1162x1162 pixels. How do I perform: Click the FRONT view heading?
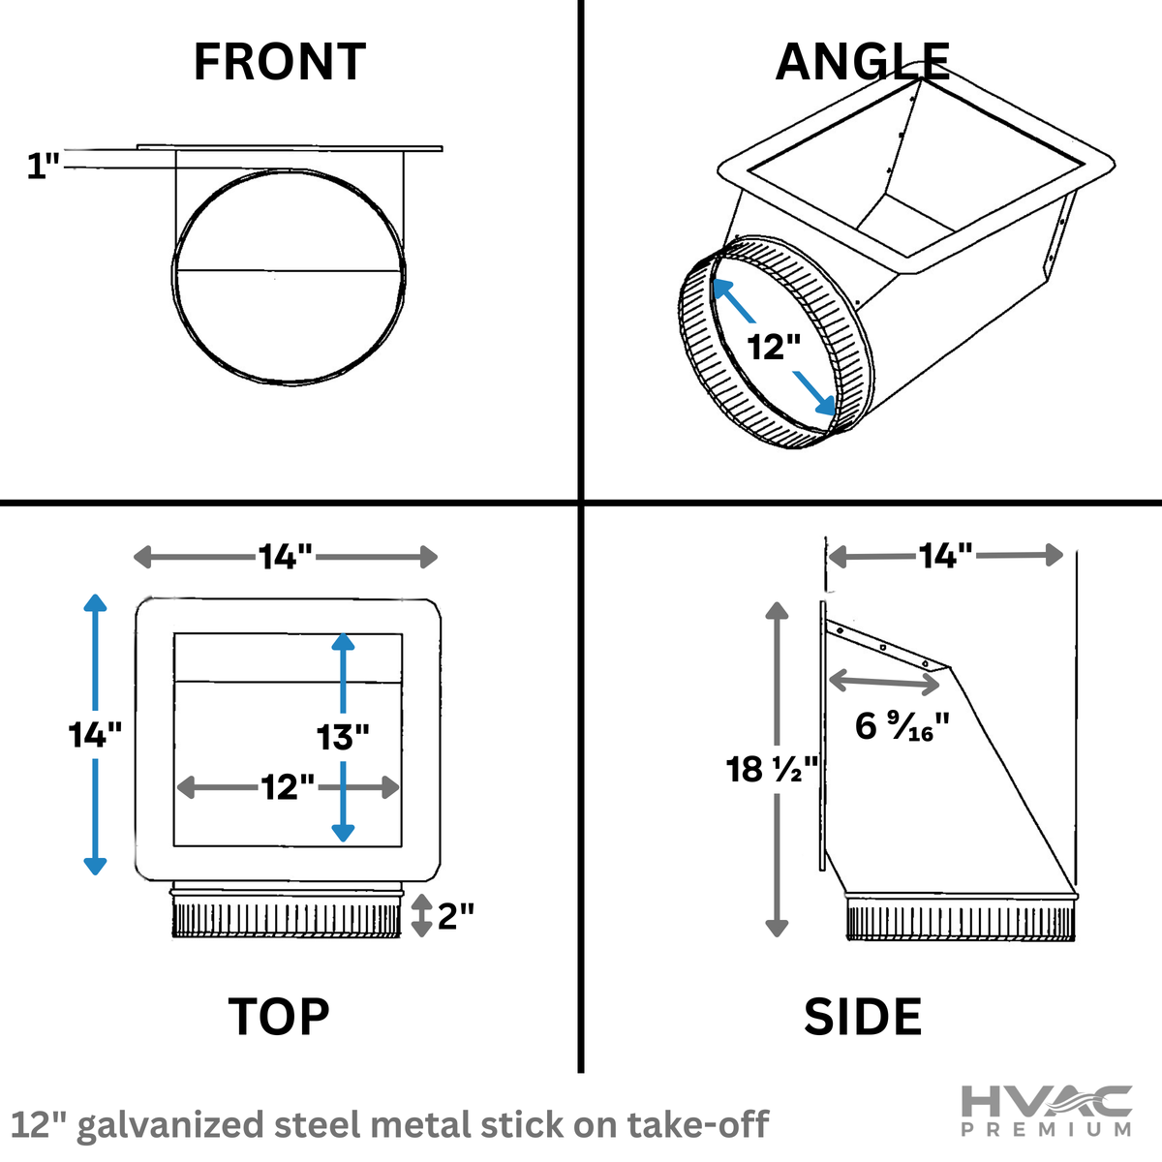(279, 62)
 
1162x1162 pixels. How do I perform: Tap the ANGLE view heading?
(862, 62)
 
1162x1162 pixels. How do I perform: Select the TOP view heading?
(279, 1017)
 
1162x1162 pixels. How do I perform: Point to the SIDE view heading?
(862, 1017)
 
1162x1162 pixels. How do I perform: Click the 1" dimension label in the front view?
(43, 167)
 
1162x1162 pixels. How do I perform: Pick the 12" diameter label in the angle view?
(774, 346)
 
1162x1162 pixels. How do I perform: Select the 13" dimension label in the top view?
(343, 737)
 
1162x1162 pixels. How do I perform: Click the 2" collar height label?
(455, 915)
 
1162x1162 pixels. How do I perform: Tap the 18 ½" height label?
(772, 770)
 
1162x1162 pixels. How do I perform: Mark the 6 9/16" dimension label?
(902, 726)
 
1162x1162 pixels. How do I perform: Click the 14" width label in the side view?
(945, 556)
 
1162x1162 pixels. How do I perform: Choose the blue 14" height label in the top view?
(95, 735)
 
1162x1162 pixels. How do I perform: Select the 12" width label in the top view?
(288, 787)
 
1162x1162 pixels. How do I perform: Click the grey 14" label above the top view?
(285, 557)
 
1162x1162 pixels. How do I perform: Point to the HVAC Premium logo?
(1046, 1111)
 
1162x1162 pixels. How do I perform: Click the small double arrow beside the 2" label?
(421, 915)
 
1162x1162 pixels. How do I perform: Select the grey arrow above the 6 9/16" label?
(884, 682)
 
